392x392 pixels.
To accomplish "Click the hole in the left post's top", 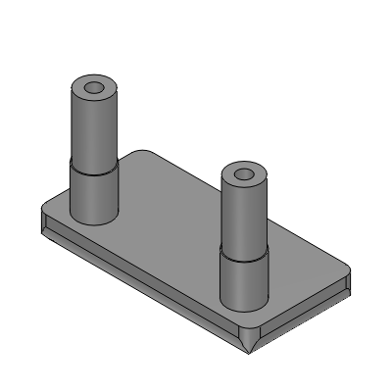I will [x=94, y=88].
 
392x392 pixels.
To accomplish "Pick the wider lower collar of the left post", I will [x=94, y=191].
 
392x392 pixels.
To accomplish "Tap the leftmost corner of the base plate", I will [x=41, y=214].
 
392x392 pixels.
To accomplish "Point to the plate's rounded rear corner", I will [x=147, y=151].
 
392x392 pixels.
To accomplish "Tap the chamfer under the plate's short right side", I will [x=304, y=319].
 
